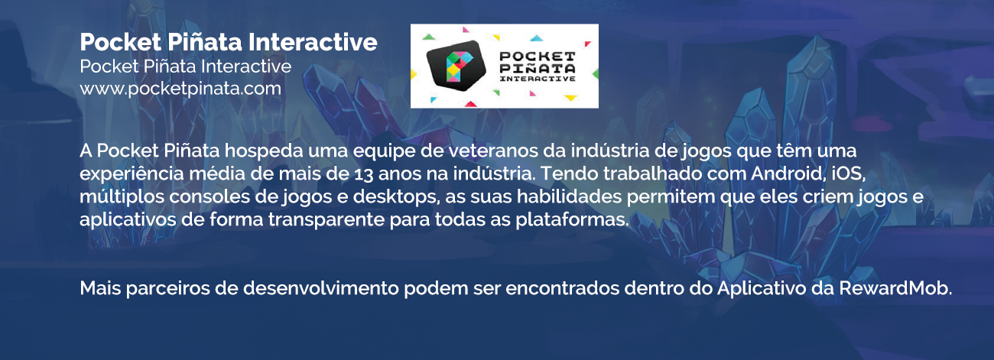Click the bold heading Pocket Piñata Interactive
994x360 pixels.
pos(229,42)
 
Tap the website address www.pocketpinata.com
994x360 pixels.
pos(180,89)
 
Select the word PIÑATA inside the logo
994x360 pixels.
pos(537,68)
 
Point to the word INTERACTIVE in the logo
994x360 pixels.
pos(538,79)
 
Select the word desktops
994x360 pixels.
pos(396,197)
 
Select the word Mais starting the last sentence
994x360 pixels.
pos(100,289)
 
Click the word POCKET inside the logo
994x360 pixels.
pos(538,57)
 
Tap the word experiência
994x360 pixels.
pos(132,174)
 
